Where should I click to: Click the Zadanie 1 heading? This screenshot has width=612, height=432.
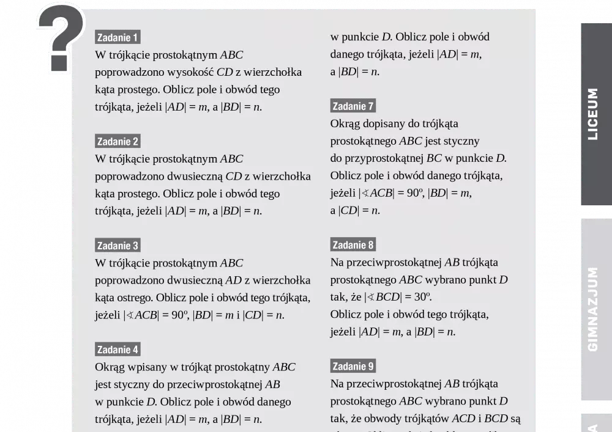pos(118,37)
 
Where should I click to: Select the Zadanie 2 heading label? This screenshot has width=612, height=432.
pos(118,142)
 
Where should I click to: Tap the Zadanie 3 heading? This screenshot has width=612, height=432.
pos(118,246)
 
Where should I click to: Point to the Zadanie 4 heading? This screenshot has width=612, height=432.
pos(118,350)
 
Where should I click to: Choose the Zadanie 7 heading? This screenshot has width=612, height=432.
pos(353,106)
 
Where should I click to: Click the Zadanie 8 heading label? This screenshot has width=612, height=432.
pos(353,245)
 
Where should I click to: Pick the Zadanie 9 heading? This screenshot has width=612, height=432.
pos(353,367)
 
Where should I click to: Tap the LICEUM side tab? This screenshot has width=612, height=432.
pos(593,114)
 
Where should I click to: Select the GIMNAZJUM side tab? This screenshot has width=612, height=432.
pos(593,309)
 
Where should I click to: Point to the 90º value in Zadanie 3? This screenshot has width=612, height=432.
pos(179,315)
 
